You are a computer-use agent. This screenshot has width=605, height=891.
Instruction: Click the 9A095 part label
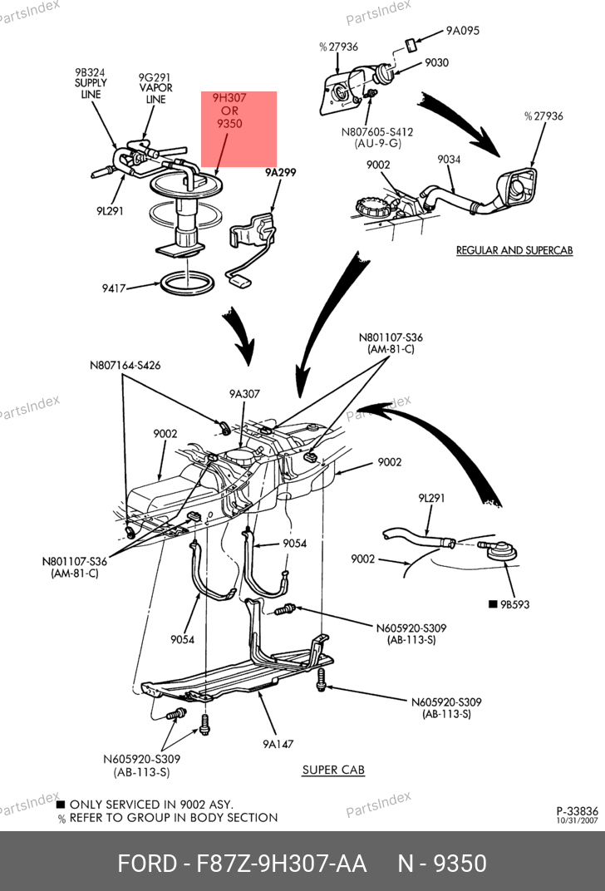tap(462, 32)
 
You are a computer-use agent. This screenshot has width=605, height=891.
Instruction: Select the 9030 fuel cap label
tap(436, 62)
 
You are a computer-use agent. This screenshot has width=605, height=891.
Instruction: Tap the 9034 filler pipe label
tap(449, 159)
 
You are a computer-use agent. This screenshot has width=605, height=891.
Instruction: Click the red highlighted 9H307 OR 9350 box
tap(239, 128)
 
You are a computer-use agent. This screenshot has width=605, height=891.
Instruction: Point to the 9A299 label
tap(281, 173)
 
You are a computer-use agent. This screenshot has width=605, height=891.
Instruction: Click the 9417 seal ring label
tap(114, 288)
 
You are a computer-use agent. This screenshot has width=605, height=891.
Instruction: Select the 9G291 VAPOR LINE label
tap(155, 88)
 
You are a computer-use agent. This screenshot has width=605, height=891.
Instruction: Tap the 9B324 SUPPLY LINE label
tap(91, 83)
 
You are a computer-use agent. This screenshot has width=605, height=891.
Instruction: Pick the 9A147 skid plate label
tap(278, 744)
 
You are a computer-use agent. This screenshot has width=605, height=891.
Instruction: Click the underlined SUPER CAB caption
tap(332, 770)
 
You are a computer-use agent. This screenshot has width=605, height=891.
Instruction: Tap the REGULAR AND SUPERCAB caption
tap(514, 250)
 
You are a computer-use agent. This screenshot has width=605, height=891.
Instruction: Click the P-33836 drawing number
tap(577, 810)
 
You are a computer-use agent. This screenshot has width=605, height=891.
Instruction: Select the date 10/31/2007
tap(578, 820)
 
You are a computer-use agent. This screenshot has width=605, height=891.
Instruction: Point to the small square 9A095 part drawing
tap(411, 43)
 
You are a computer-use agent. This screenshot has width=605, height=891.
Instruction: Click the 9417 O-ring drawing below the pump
tap(189, 283)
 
